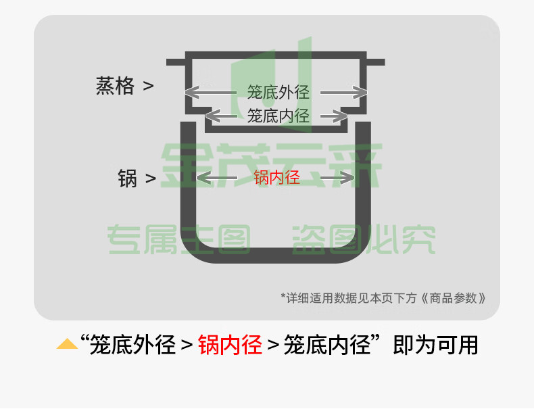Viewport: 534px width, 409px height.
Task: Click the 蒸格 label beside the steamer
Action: click(115, 86)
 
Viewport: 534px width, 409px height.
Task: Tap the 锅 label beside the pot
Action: click(127, 178)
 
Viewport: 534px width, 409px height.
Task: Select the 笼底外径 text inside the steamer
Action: click(278, 93)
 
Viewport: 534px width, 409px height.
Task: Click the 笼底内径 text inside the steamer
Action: click(278, 116)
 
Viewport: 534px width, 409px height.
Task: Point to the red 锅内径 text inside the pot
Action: click(277, 177)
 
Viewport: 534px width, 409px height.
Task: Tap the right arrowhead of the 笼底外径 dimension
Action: click(360, 93)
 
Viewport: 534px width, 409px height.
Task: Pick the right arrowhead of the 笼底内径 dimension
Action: click(340, 116)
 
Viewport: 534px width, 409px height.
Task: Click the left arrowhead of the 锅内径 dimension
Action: click(203, 178)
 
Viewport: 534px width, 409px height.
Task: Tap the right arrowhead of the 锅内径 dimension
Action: click(347, 178)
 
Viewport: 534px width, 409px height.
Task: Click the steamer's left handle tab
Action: click(176, 62)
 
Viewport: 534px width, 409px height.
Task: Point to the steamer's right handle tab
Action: click(376, 62)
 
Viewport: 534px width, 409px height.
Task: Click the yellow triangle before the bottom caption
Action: click(67, 344)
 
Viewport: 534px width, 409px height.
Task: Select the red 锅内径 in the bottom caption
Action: click(230, 345)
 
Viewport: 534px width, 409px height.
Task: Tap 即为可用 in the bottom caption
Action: click(435, 345)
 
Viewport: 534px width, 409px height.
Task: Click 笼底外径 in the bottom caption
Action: click(132, 345)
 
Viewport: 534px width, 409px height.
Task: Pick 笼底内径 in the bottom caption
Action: click(327, 345)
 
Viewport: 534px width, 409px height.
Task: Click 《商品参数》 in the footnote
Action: click(454, 298)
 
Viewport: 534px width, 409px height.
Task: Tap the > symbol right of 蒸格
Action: click(148, 86)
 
